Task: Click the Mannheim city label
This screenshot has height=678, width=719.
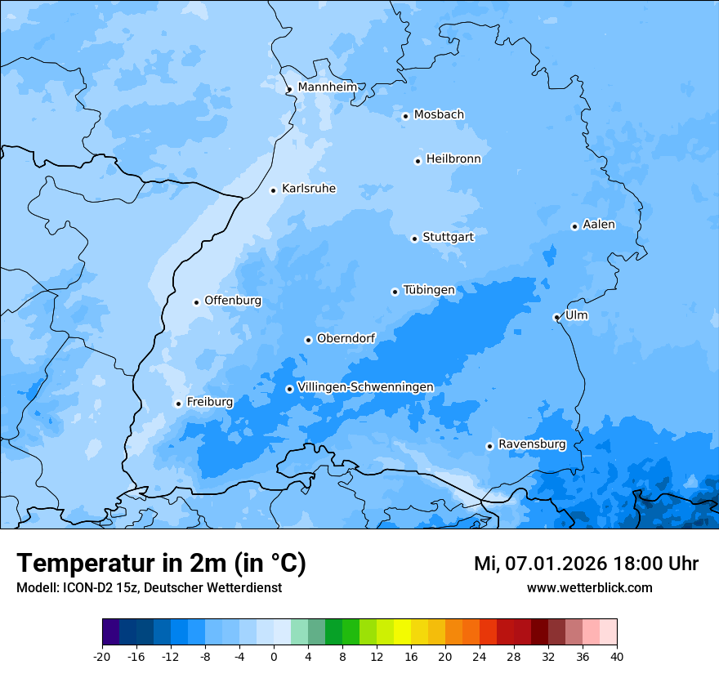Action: pyautogui.click(x=327, y=87)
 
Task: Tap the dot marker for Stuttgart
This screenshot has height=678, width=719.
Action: pyautogui.click(x=414, y=239)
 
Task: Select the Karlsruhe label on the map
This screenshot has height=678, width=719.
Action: pyautogui.click(x=309, y=189)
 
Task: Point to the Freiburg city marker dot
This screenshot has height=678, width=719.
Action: pyautogui.click(x=178, y=404)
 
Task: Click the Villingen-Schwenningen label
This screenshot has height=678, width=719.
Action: pyautogui.click(x=365, y=386)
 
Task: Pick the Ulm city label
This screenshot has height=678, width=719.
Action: pyautogui.click(x=576, y=315)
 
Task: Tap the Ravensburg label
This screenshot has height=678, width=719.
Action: pyautogui.click(x=532, y=444)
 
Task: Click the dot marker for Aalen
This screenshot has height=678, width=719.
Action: pyautogui.click(x=574, y=226)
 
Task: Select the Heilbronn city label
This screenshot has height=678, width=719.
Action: pyautogui.click(x=453, y=158)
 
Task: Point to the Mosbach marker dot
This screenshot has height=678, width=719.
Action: pyautogui.click(x=405, y=116)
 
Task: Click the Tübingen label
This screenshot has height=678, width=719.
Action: pyautogui.click(x=429, y=290)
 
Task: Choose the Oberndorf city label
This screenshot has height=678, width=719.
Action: pyautogui.click(x=346, y=338)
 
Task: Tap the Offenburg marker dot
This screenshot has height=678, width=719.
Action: pyautogui.click(x=196, y=302)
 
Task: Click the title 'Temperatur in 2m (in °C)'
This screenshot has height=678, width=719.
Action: pyautogui.click(x=161, y=563)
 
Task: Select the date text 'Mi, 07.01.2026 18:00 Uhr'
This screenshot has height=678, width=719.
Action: pyautogui.click(x=586, y=564)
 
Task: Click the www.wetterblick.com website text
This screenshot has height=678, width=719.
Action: pyautogui.click(x=589, y=587)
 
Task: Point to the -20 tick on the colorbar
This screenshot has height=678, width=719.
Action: pyautogui.click(x=102, y=656)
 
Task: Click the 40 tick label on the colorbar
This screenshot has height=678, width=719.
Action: pyautogui.click(x=617, y=656)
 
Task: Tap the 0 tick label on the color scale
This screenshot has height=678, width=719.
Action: pyautogui.click(x=274, y=656)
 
